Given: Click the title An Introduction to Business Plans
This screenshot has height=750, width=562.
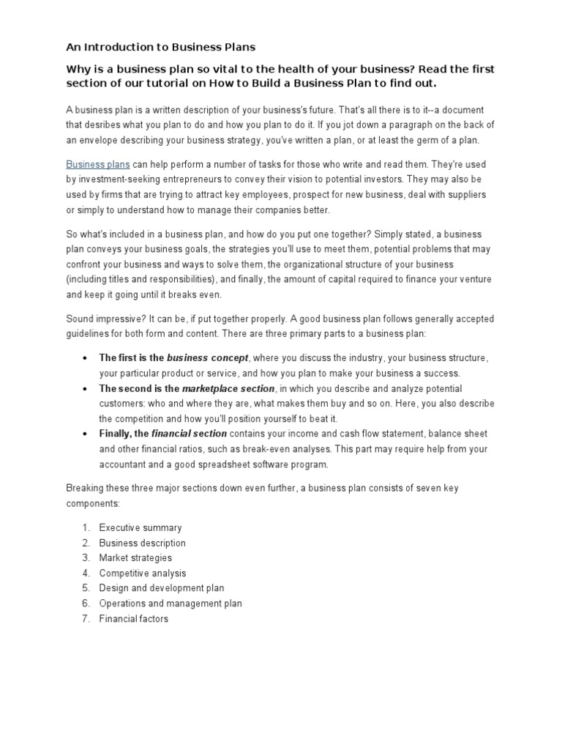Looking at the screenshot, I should tap(161, 47).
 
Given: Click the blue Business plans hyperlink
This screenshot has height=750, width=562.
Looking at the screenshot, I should tap(98, 165).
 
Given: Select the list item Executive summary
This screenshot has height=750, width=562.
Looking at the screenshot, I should tap(140, 527).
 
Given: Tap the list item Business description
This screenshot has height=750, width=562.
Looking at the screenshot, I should tap(142, 543).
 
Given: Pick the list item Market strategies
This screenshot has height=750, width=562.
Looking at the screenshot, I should tap(135, 558).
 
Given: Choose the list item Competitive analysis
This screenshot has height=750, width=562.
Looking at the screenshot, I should tap(143, 573).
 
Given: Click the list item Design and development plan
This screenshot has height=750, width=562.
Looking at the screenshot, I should tap(162, 588).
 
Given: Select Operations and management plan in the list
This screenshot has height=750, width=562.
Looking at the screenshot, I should tap(171, 604).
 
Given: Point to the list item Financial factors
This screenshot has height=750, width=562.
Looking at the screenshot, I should tap(134, 619).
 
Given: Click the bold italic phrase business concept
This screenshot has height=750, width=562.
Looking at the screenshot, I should tap(208, 358).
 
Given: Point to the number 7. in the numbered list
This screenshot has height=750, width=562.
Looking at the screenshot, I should tap(86, 619).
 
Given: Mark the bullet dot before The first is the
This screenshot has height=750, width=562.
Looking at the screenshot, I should tap(86, 358).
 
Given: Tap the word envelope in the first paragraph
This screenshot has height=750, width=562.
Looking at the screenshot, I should tap(99, 140).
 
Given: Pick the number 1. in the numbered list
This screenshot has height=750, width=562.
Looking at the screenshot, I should tap(86, 527).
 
